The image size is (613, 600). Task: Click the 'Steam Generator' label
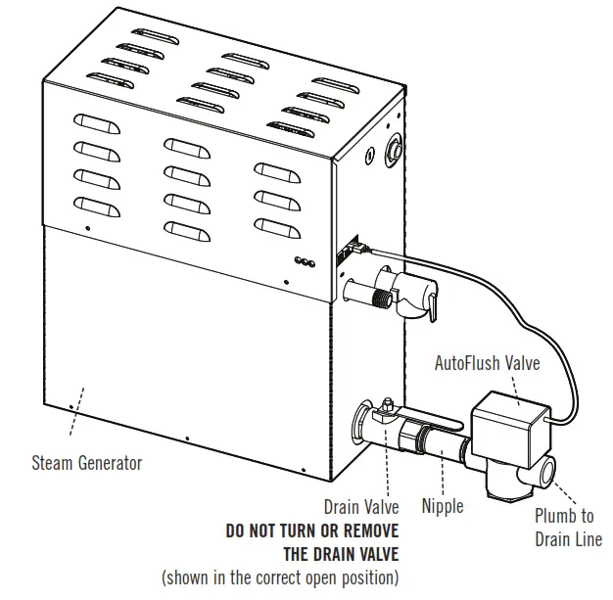point(86,462)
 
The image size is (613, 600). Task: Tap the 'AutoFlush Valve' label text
point(488,363)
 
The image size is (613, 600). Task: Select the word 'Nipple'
point(443,507)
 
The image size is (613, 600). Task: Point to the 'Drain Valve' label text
point(361,507)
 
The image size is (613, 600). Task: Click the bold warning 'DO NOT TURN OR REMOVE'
point(311,531)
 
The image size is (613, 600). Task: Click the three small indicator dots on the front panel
point(305,261)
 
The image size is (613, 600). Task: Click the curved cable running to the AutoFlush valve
point(509,284)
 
